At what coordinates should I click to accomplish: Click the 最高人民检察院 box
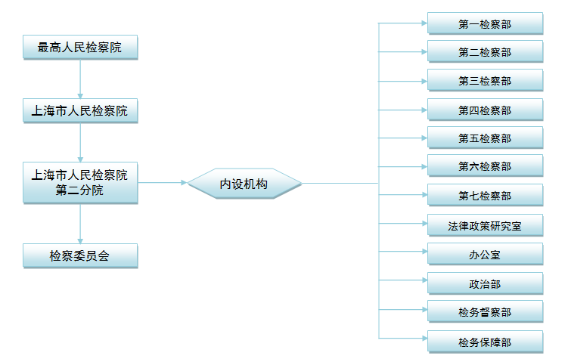[x=80, y=48]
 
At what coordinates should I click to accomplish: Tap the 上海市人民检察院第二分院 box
[x=80, y=182]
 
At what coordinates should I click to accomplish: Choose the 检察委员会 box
[x=80, y=255]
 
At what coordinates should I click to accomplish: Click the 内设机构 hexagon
[x=244, y=183]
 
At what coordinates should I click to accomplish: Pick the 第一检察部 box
[x=485, y=23]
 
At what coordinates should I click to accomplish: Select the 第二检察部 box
[x=485, y=52]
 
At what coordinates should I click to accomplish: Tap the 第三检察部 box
[x=485, y=81]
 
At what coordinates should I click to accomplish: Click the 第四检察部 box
[x=485, y=110]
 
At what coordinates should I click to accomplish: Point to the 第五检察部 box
[x=485, y=138]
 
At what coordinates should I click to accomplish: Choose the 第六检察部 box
[x=485, y=166]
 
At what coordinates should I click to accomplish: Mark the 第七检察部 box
[x=485, y=196]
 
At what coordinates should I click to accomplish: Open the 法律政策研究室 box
[x=485, y=225]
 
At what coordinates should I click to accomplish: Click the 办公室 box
[x=485, y=255]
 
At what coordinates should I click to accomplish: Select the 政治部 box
[x=485, y=284]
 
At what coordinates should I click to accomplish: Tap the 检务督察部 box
[x=485, y=312]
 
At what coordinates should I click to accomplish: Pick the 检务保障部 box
[x=485, y=342]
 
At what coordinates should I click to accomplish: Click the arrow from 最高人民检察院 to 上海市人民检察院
[x=80, y=80]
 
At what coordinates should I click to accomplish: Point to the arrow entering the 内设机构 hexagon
[x=163, y=183]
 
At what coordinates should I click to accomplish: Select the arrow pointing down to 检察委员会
[x=80, y=224]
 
